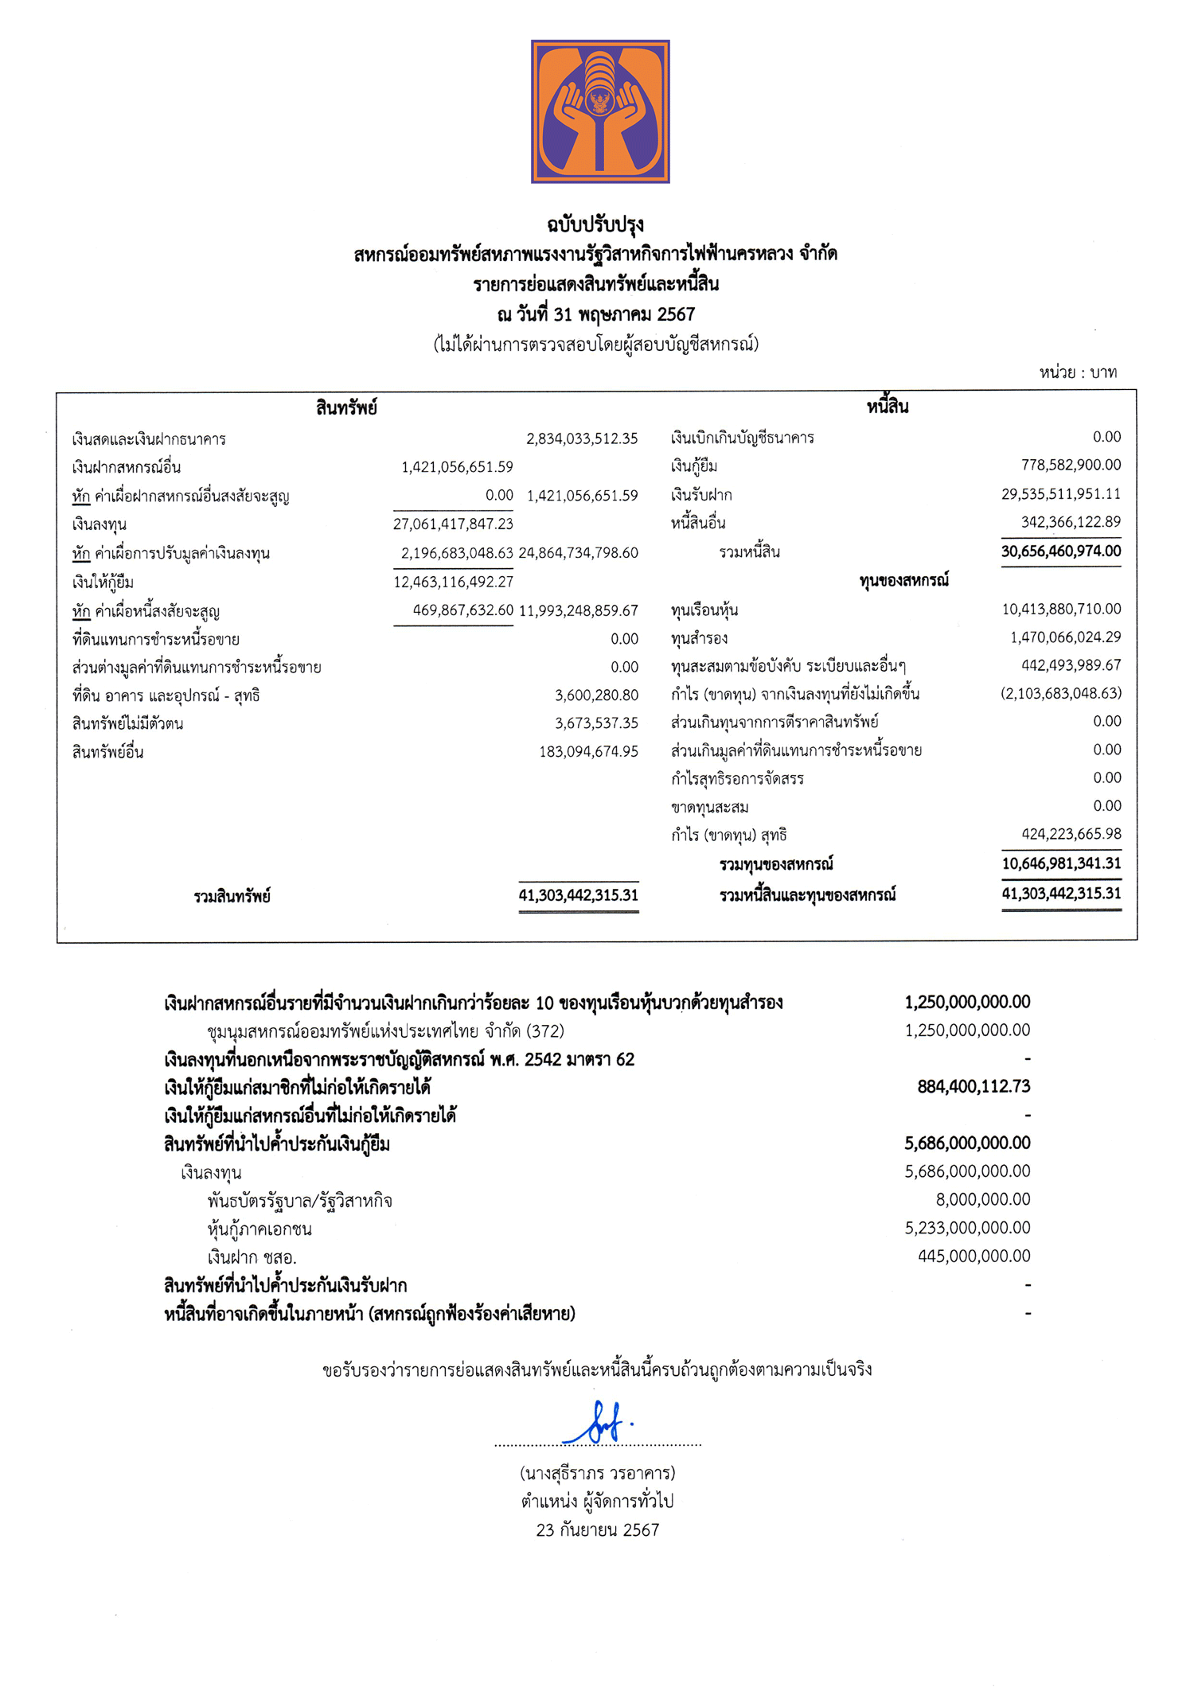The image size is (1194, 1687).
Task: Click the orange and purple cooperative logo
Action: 600,111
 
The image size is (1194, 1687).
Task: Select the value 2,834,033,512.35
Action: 582,438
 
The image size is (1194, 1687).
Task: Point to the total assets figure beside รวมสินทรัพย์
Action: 579,895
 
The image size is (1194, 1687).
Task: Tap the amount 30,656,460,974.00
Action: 1061,551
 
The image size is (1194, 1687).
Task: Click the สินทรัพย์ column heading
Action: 346,408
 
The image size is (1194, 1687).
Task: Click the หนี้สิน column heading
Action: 888,407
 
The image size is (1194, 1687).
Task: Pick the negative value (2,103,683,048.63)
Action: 1061,693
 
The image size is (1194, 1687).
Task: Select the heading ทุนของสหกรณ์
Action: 903,580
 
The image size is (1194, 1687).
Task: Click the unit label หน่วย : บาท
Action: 1078,372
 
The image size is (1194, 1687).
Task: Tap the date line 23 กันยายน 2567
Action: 598,1529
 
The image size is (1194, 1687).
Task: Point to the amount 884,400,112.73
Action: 974,1087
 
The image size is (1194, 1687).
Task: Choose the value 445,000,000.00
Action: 974,1256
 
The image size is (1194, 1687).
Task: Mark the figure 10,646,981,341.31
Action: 1061,863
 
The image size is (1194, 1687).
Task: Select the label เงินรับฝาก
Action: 701,495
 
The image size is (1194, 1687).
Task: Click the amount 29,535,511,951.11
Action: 1061,494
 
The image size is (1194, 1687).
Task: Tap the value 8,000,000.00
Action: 982,1199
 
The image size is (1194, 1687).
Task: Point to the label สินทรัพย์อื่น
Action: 107,752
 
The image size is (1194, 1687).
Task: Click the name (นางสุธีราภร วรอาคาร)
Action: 598,1473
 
